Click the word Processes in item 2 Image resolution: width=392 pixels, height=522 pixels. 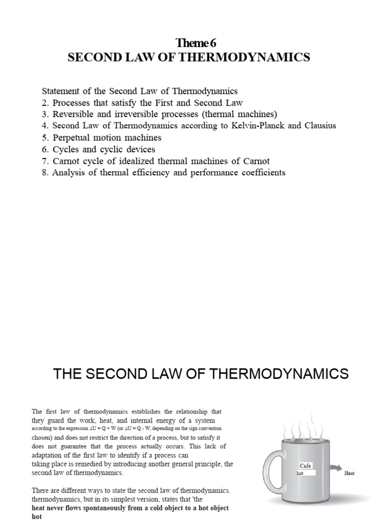(x=72, y=102)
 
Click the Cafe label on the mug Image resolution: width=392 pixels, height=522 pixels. (x=305, y=466)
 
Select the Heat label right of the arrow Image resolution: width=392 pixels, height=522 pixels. (x=350, y=473)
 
